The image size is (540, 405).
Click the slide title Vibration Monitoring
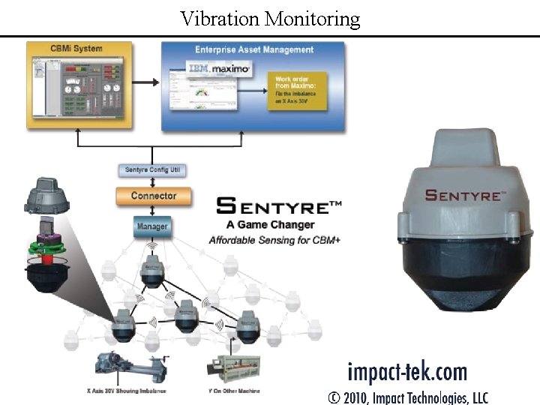click(x=270, y=18)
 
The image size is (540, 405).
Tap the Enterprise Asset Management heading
click(x=253, y=49)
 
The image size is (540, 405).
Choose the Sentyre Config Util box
click(x=152, y=171)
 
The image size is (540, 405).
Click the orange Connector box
click(x=153, y=196)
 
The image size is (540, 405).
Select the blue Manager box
click(x=152, y=226)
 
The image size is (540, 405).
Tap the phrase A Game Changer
click(x=270, y=225)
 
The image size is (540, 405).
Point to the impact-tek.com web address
click(x=406, y=372)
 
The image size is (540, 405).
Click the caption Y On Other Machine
click(x=235, y=391)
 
